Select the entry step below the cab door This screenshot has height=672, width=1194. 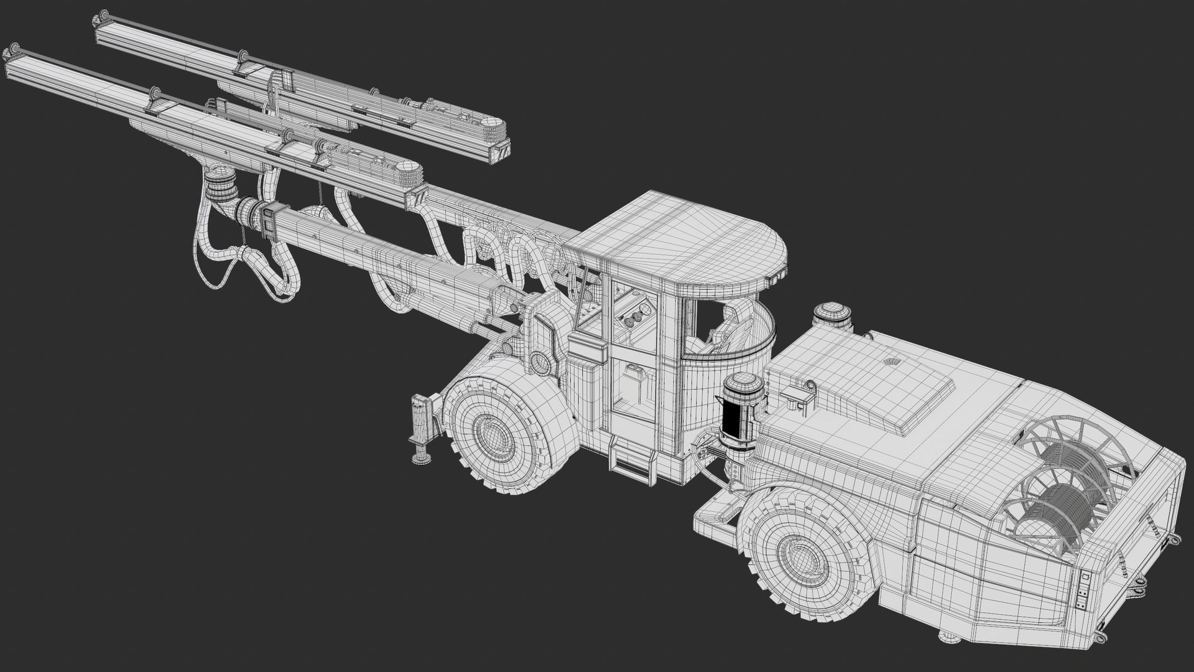click(630, 457)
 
